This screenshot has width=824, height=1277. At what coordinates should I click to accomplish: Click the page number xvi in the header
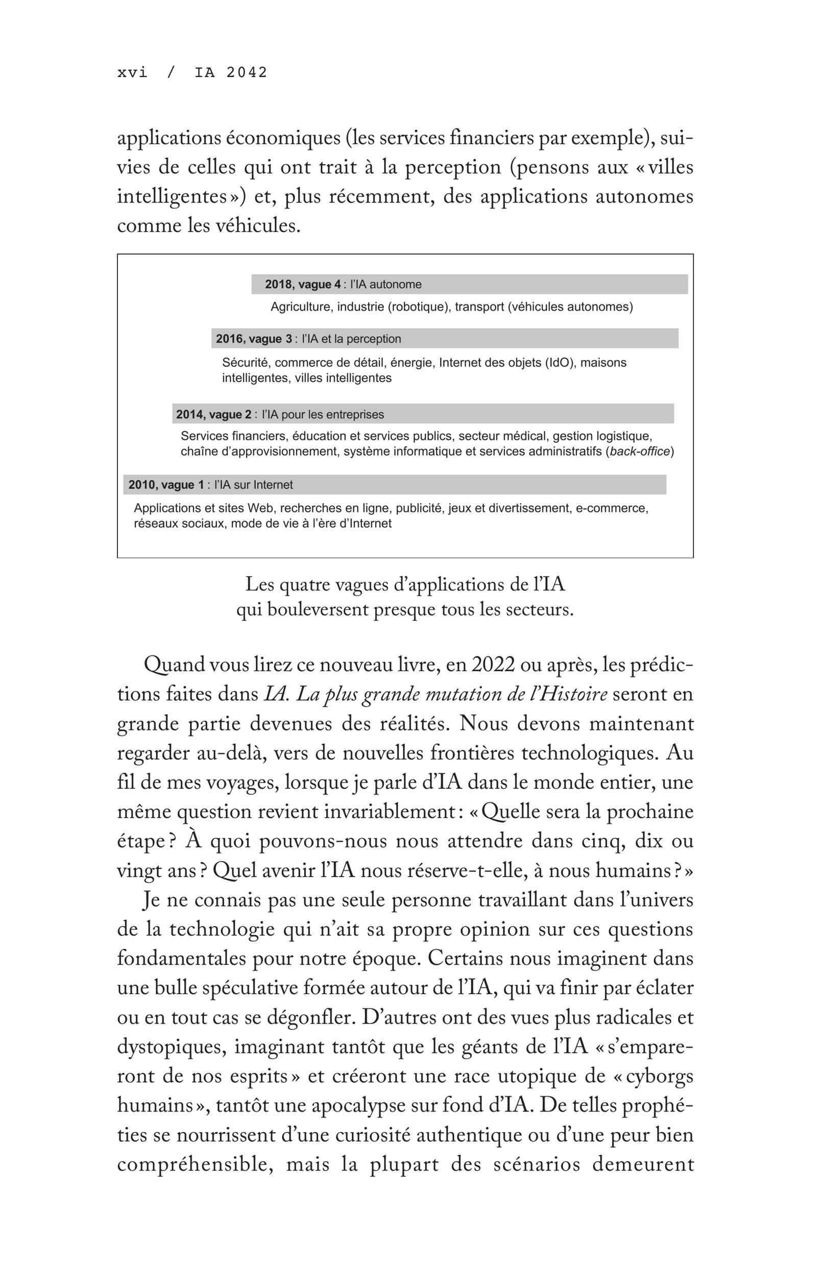point(132,72)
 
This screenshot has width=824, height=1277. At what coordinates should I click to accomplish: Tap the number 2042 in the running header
point(246,72)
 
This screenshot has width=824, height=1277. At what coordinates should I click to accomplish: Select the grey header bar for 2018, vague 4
point(469,284)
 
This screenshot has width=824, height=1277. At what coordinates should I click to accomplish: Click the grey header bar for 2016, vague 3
point(445,339)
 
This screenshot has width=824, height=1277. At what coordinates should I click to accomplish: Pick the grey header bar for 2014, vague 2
point(423,414)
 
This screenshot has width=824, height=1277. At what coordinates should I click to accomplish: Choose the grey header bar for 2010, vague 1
point(394,485)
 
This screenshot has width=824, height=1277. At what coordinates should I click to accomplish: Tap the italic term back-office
point(639,452)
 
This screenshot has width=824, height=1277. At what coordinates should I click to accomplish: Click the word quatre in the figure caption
point(305,585)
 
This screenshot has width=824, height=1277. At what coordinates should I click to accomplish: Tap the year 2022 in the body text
point(493,665)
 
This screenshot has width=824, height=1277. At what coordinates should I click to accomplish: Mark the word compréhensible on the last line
point(196,1165)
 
